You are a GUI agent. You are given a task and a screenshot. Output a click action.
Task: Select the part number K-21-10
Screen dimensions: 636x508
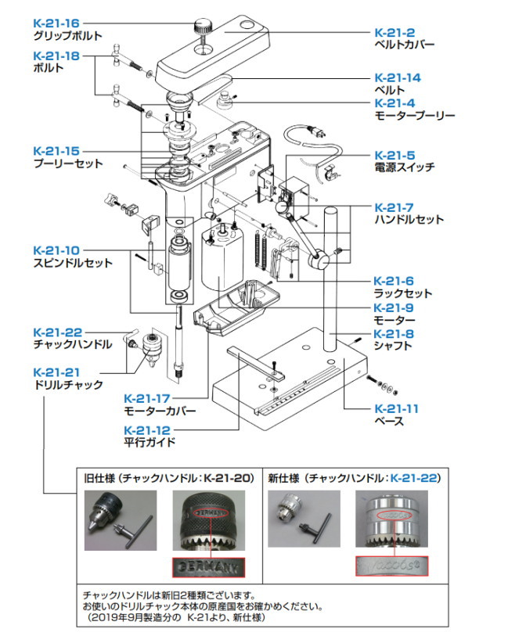pos(57,250)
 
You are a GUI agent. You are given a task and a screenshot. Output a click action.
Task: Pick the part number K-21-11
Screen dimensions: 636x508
pos(397,408)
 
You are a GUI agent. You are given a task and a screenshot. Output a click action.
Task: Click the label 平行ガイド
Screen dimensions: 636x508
pos(150,442)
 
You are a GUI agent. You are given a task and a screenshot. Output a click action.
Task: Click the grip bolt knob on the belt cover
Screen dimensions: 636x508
pos(205,22)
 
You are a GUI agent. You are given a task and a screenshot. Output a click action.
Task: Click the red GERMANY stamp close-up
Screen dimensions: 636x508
pos(207,565)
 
